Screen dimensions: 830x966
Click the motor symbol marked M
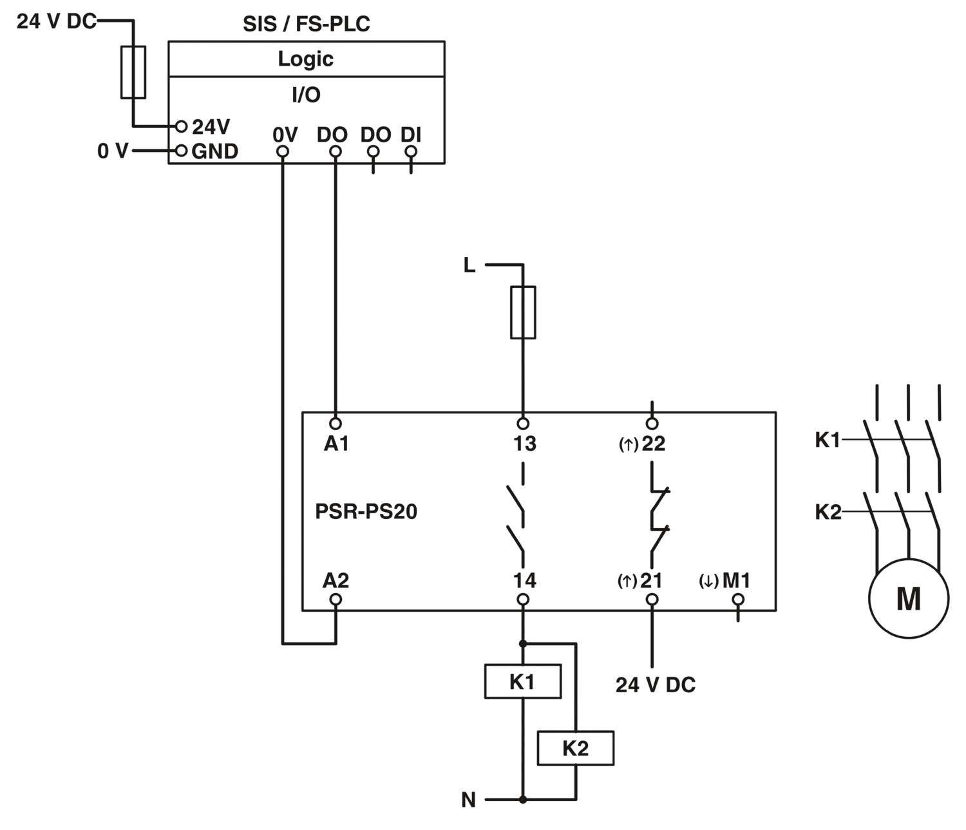[908, 598]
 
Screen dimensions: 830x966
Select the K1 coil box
[522, 682]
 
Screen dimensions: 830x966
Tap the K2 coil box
[575, 748]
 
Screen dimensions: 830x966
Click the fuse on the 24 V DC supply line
[133, 72]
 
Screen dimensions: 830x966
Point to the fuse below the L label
[523, 312]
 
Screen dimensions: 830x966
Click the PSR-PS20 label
[366, 511]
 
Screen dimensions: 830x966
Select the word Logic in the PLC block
[306, 59]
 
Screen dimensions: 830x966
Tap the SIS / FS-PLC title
[306, 24]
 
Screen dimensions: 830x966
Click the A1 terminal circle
[335, 424]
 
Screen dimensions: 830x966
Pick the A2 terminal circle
[335, 599]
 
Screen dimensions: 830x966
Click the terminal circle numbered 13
[523, 424]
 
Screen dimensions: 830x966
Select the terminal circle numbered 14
[523, 599]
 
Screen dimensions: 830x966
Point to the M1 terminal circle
[738, 599]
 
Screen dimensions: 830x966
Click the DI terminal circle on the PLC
[411, 152]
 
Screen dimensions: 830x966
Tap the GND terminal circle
[182, 151]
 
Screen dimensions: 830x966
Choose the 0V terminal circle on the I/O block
[282, 152]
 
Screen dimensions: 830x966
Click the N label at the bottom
[468, 800]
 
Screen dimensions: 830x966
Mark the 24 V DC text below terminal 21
[656, 685]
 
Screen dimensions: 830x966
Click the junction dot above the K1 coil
[523, 643]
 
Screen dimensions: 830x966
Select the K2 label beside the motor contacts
[828, 512]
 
